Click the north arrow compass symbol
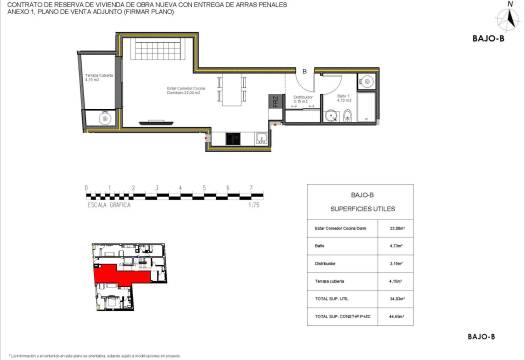tap(509, 15)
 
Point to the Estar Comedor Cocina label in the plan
tap(187, 90)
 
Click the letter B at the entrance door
tap(304, 72)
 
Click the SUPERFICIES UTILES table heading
tap(363, 210)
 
